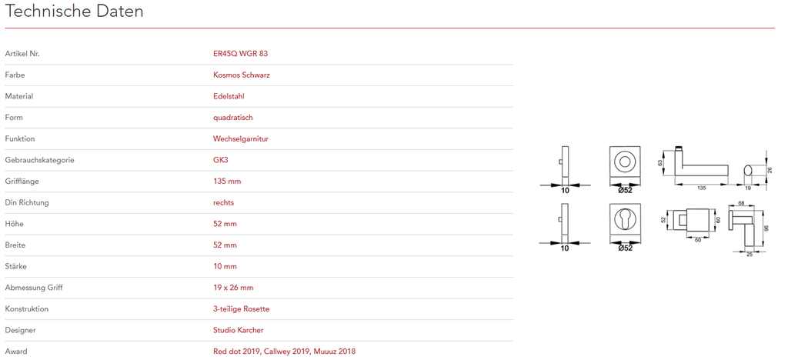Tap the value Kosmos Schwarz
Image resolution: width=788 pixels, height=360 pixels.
click(242, 75)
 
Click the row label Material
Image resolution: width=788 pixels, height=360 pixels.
click(19, 96)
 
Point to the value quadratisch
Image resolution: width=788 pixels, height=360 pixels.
click(232, 118)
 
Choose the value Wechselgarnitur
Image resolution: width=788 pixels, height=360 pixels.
click(241, 138)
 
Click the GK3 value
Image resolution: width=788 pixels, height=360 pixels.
click(221, 160)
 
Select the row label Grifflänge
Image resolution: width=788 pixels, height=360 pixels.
click(22, 182)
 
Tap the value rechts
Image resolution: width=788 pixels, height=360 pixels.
click(224, 202)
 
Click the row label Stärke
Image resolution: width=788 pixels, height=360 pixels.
click(15, 266)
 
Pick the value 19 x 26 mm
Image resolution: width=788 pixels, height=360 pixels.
click(233, 287)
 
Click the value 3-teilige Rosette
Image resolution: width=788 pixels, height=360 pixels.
click(241, 308)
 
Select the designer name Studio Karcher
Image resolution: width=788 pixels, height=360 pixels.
click(239, 330)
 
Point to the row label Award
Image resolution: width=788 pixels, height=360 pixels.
click(15, 351)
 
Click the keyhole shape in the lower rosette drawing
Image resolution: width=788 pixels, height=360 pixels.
click(625, 218)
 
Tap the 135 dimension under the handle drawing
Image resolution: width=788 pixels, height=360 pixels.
click(701, 188)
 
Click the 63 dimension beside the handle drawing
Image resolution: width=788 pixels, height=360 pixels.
click(660, 163)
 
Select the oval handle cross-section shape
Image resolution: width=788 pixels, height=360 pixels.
click(749, 170)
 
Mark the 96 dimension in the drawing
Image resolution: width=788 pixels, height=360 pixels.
click(766, 228)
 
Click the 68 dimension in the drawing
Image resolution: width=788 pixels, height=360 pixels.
click(741, 203)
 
